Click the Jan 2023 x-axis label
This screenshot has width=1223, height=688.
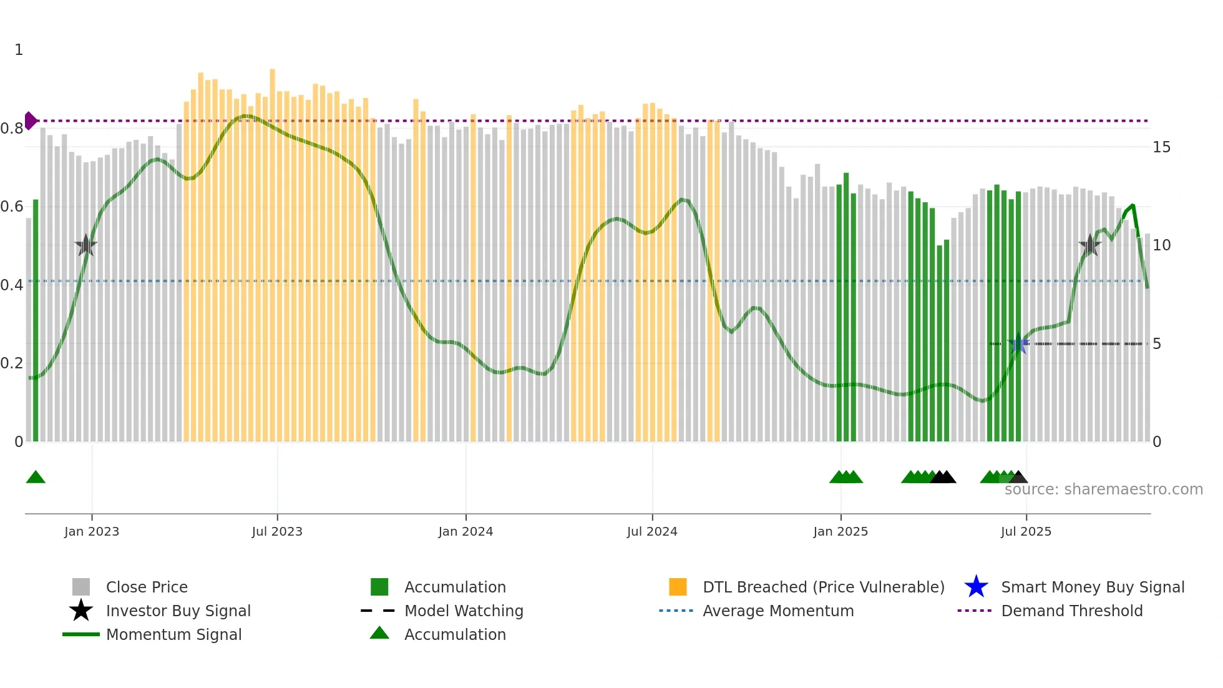[x=91, y=531]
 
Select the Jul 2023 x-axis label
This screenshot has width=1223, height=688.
[x=277, y=531]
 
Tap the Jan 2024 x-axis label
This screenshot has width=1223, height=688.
[x=465, y=531]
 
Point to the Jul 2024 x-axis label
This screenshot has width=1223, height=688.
[x=652, y=531]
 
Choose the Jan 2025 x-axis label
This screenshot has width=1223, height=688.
[x=841, y=531]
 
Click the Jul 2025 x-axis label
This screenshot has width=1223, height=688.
[x=1026, y=531]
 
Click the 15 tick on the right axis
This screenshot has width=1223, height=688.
[x=1161, y=147]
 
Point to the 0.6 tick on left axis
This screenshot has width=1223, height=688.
[x=12, y=207]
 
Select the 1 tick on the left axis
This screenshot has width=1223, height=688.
[x=19, y=50]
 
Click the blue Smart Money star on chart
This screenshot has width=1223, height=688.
[x=1018, y=344]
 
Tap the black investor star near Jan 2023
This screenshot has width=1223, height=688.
[x=85, y=245]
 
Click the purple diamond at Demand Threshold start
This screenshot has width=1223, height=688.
[x=30, y=120]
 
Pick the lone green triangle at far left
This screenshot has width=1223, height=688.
[x=36, y=478]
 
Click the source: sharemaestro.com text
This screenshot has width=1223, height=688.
[x=1103, y=489]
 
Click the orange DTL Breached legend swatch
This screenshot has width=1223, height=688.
[x=678, y=587]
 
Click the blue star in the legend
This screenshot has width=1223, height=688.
[x=976, y=587]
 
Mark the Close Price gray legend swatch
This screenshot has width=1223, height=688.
[x=81, y=587]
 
